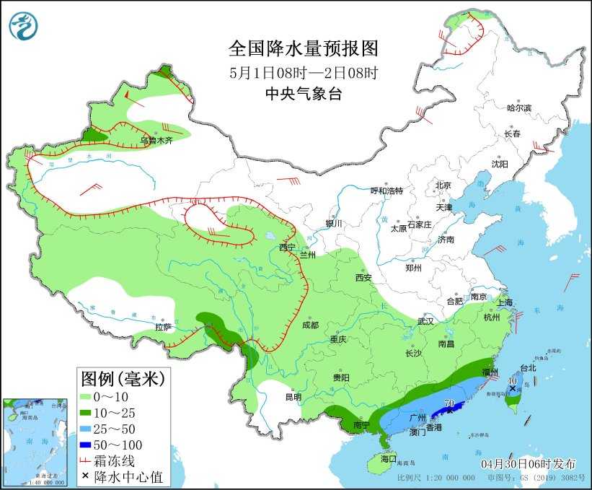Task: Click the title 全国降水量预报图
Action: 303,48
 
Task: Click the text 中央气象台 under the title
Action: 303,94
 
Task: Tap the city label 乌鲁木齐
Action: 156,141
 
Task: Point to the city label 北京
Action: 443,185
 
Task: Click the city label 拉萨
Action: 163,327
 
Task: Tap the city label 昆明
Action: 293,396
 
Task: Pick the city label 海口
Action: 389,458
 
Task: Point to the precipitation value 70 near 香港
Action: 449,403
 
